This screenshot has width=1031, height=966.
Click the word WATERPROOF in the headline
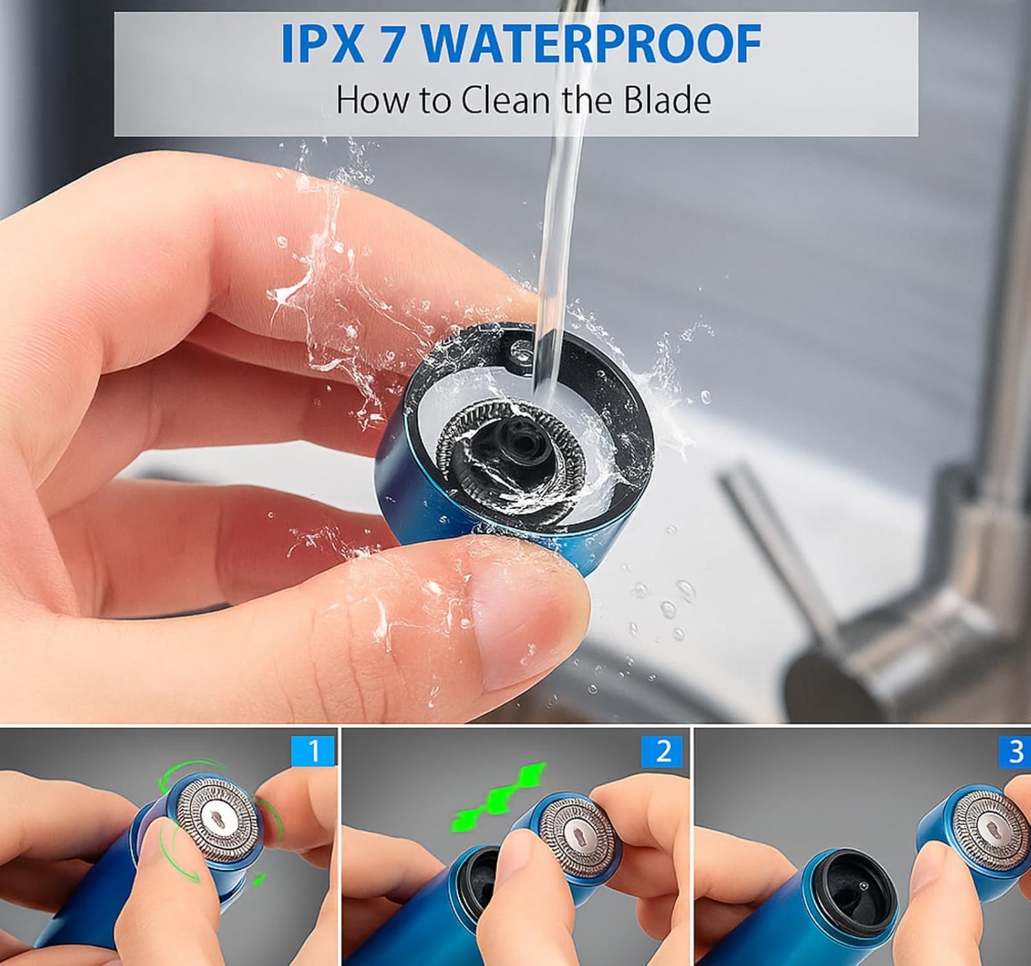coord(592,44)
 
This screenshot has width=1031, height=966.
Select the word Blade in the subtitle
coord(667,100)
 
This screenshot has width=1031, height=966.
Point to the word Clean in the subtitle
coord(505,100)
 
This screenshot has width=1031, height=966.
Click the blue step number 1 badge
coord(313,751)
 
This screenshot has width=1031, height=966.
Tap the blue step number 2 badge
coord(664,751)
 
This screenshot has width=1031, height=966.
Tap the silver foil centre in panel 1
coord(217,818)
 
